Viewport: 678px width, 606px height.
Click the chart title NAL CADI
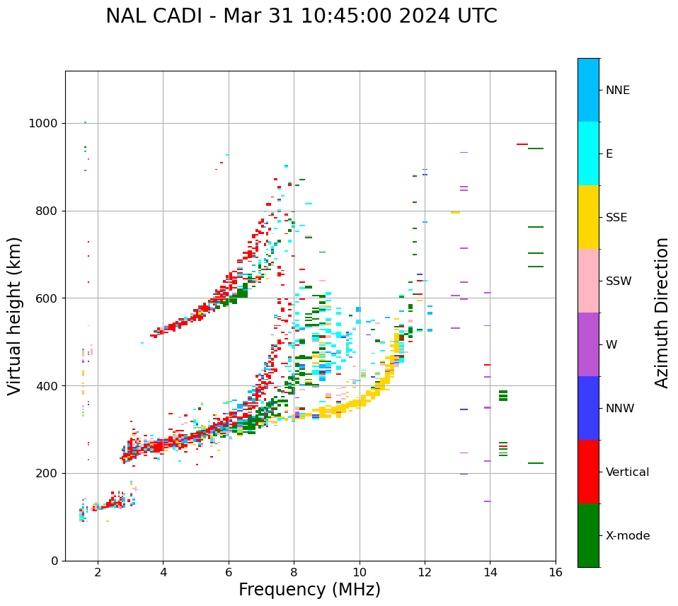click(301, 16)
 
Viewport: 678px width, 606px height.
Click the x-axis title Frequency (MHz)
click(309, 590)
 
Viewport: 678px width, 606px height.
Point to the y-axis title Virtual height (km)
click(15, 315)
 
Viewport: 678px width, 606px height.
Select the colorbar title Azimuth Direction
click(662, 313)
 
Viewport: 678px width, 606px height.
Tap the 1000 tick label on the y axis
click(44, 123)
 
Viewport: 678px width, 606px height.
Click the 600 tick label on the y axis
click(47, 298)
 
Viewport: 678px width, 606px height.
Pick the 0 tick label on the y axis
click(54, 561)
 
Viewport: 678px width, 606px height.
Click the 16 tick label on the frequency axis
click(556, 572)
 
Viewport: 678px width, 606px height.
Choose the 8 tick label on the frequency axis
click(294, 572)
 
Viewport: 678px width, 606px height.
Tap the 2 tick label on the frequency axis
click(98, 572)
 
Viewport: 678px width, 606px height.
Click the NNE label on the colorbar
click(618, 91)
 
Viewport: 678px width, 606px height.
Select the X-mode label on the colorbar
click(628, 536)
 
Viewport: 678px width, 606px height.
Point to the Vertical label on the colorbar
click(628, 472)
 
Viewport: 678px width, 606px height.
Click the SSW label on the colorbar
click(619, 281)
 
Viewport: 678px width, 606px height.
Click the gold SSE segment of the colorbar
click(588, 217)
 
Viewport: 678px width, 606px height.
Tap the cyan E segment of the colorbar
click(588, 153)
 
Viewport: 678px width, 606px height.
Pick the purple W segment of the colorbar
click(588, 344)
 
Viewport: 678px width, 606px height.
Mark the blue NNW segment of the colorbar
click(588, 408)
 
